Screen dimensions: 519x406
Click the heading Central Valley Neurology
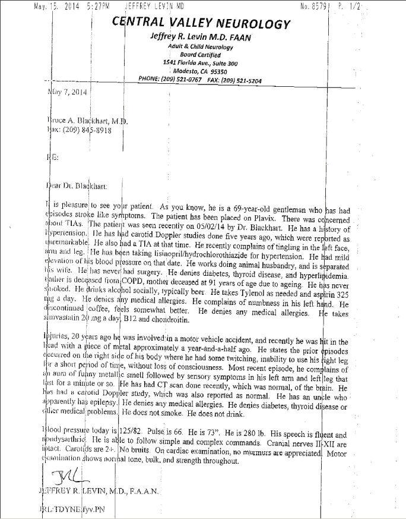(202, 24)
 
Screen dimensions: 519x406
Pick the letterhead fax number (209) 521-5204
(241, 79)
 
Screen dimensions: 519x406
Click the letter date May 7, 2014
(66, 92)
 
